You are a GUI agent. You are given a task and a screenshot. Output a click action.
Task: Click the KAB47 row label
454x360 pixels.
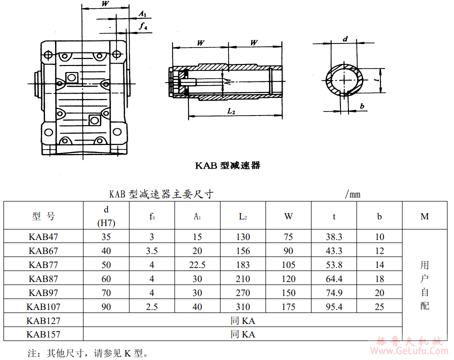point(43,236)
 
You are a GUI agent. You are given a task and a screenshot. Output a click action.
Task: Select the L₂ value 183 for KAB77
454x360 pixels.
point(243,264)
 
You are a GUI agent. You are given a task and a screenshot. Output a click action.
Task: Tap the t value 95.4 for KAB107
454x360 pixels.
point(333,306)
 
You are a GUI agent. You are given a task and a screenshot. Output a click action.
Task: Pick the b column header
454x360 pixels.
point(379,216)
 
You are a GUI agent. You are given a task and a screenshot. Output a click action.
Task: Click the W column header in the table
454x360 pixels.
point(288,216)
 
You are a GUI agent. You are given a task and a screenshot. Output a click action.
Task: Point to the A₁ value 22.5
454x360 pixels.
point(197,264)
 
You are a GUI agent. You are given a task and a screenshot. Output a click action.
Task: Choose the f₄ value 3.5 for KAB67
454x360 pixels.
point(152,250)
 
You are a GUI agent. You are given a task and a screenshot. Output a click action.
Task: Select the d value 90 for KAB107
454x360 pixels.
point(106,306)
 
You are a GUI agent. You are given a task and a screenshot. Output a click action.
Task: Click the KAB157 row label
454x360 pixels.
point(43,334)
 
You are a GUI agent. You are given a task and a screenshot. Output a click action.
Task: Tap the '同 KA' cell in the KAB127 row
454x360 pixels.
point(242,320)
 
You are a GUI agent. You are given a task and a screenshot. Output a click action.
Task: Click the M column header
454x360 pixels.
point(424,216)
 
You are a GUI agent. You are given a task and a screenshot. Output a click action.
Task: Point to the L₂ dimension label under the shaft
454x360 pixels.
point(231,111)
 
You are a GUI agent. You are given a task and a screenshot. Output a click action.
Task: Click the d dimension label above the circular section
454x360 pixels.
point(345,38)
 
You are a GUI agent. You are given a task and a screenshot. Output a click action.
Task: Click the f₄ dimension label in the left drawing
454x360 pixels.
point(143,26)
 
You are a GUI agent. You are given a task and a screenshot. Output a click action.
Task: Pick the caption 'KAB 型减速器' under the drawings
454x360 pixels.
point(227,165)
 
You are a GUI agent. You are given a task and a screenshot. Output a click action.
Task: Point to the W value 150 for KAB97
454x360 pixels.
point(288,292)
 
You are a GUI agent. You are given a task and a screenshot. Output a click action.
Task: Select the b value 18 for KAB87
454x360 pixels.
point(379,278)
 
